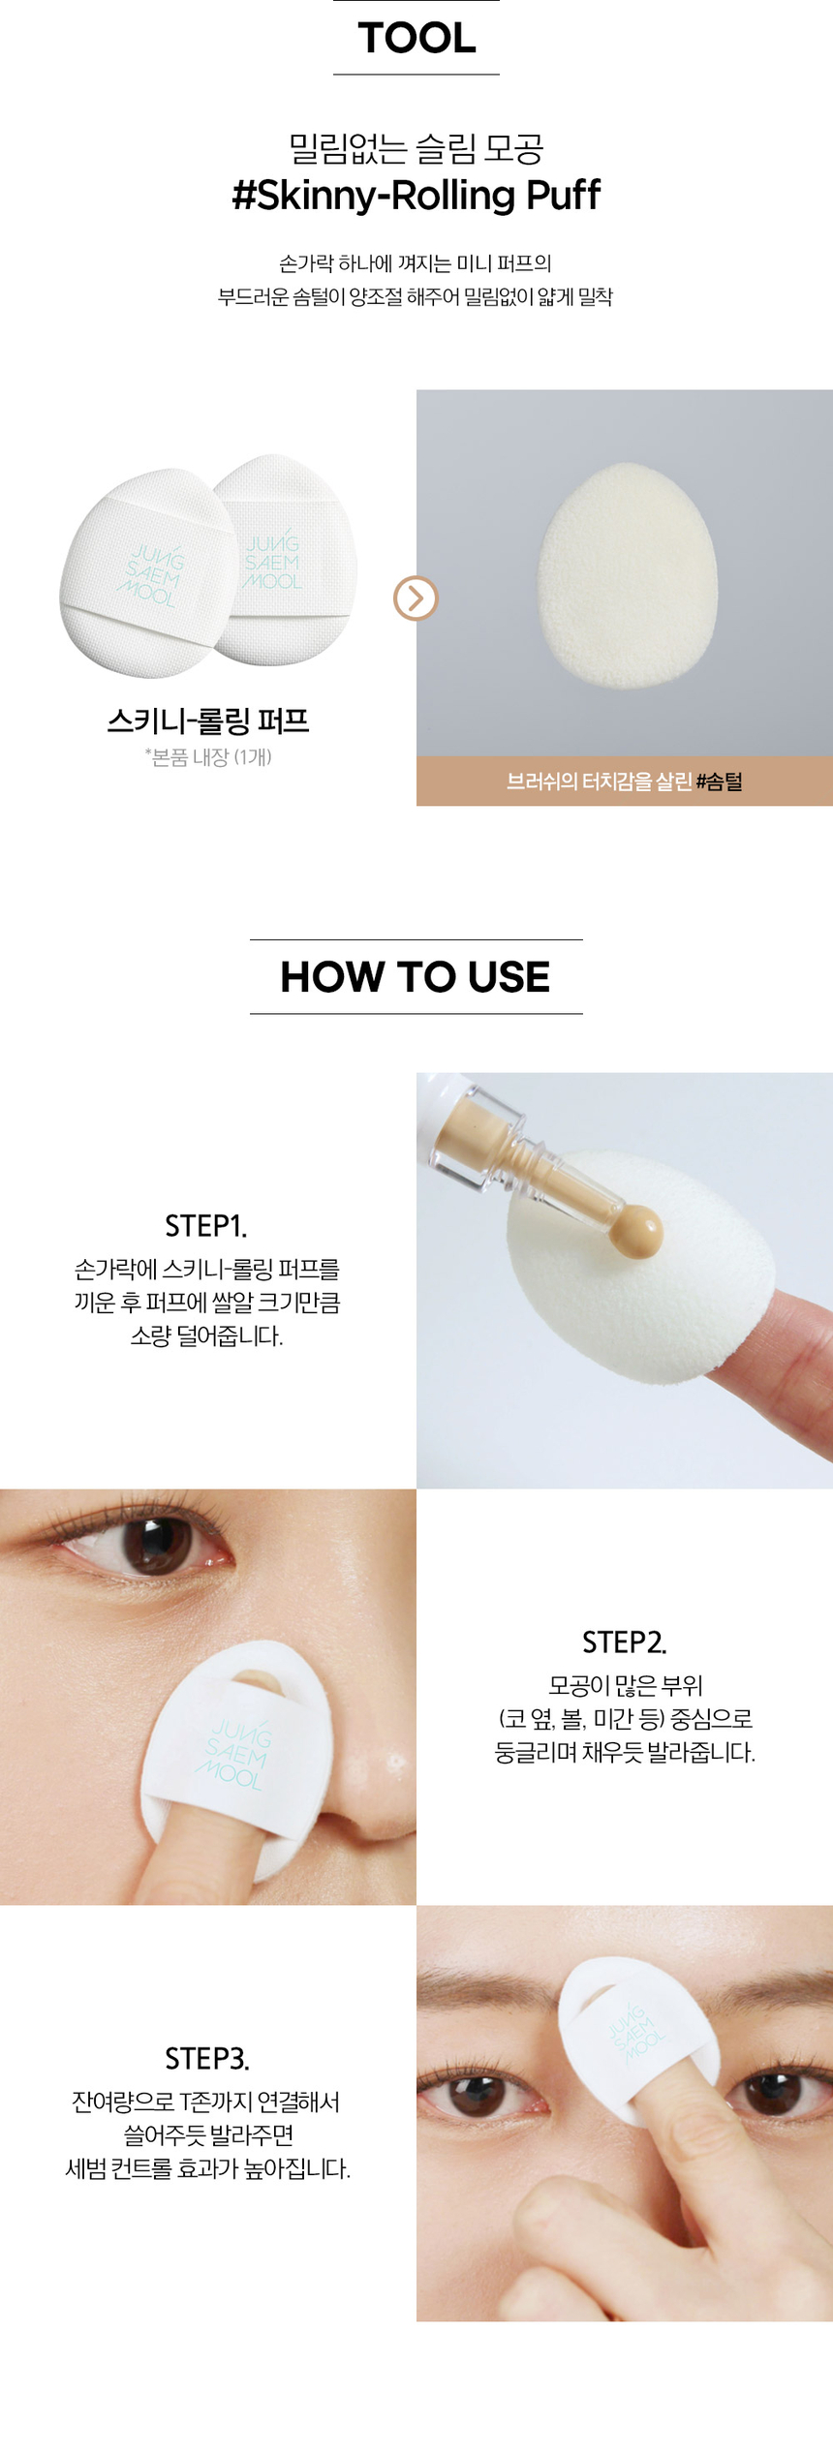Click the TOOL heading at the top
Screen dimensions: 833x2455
click(416, 38)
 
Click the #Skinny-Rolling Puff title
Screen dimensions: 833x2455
click(416, 195)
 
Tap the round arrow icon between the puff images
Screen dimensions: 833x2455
click(416, 598)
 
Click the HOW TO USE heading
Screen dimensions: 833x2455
click(416, 976)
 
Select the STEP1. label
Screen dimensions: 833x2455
click(206, 1226)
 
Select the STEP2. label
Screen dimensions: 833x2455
click(625, 1642)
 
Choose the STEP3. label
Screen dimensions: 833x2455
click(207, 2059)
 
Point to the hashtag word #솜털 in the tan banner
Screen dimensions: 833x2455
click(719, 782)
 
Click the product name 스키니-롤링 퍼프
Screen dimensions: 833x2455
click(208, 721)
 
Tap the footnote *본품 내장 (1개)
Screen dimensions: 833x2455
click(208, 757)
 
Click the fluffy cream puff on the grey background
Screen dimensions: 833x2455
click(628, 575)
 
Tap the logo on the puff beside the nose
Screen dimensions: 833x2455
click(233, 1754)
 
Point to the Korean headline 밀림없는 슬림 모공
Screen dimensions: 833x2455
click(416, 148)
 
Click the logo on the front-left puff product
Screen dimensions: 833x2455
click(153, 576)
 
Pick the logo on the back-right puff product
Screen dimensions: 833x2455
click(273, 563)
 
